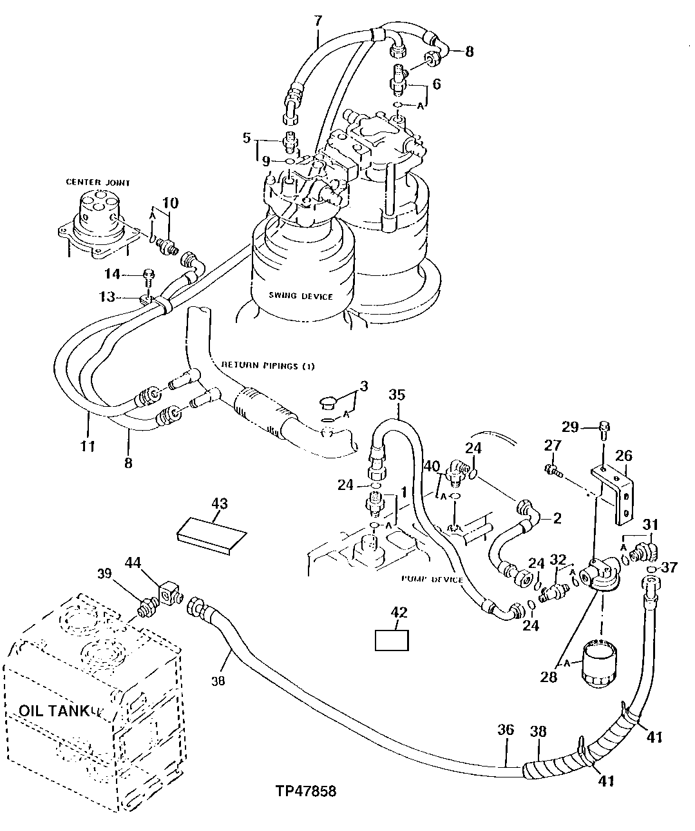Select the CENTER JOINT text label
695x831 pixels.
tap(98, 182)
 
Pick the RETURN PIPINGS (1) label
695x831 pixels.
tap(268, 366)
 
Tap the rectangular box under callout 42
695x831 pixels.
tap(392, 640)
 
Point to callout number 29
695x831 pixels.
tap(570, 427)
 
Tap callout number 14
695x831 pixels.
tap(113, 274)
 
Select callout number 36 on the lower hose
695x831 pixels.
tap(506, 730)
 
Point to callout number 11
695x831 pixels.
tap(88, 445)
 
